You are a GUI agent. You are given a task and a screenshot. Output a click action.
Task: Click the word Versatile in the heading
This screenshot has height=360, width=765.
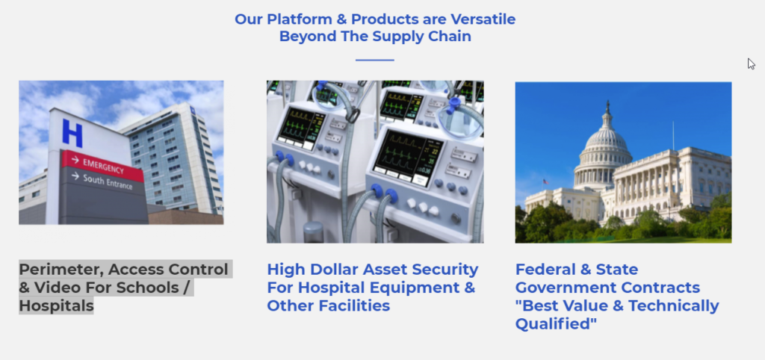(x=483, y=19)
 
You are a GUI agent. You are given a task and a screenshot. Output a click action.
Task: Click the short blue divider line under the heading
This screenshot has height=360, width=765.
(x=375, y=60)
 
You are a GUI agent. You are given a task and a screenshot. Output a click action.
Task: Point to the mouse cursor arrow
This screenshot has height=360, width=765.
(x=751, y=64)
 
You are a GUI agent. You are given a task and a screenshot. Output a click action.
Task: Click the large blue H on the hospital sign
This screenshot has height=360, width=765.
(x=72, y=133)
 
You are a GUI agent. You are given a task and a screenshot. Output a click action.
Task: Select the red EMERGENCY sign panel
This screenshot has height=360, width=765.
(x=102, y=166)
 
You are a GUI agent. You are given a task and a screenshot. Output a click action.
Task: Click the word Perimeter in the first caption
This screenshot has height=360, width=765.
(x=61, y=270)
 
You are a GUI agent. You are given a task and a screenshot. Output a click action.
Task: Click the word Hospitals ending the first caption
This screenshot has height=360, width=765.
(x=56, y=306)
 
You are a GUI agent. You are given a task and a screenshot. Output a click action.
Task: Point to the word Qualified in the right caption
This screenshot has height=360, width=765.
(x=556, y=324)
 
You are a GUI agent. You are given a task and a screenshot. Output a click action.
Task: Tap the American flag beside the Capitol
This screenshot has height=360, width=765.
(x=545, y=182)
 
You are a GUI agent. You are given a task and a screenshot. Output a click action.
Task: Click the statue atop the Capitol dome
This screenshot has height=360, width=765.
(x=607, y=106)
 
